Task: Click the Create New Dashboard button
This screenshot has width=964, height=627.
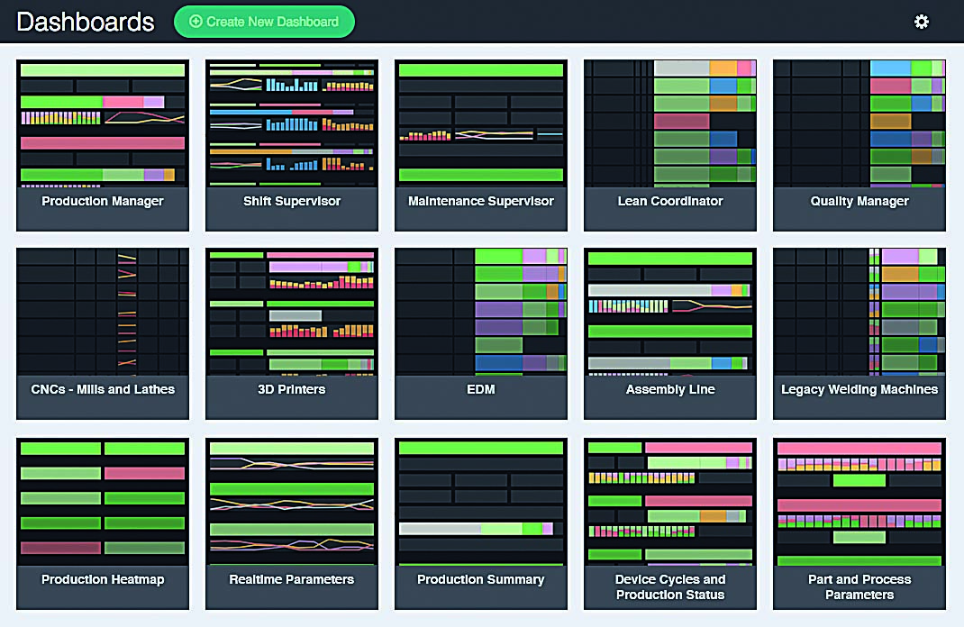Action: pyautogui.click(x=264, y=22)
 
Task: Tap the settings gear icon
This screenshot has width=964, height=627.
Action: pyautogui.click(x=921, y=22)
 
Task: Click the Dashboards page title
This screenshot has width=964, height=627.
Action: pyautogui.click(x=85, y=23)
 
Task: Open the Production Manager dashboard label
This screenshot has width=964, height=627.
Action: pyautogui.click(x=103, y=201)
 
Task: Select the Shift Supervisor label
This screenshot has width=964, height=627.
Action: pyautogui.click(x=291, y=201)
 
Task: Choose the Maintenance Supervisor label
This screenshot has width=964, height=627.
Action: pyautogui.click(x=481, y=201)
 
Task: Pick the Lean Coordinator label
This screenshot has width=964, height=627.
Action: pyautogui.click(x=670, y=201)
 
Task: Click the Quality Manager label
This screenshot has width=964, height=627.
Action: pyautogui.click(x=859, y=201)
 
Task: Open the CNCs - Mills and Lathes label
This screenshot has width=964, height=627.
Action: pyautogui.click(x=103, y=389)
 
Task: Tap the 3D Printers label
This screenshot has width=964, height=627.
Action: pyautogui.click(x=291, y=389)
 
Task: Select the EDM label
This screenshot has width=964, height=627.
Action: pyautogui.click(x=481, y=389)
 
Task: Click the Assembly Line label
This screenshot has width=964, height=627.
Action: pyautogui.click(x=670, y=389)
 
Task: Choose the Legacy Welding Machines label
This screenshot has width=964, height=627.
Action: pyautogui.click(x=859, y=389)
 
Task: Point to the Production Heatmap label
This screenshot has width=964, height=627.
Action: pyautogui.click(x=103, y=579)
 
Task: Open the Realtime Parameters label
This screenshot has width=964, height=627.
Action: pyautogui.click(x=291, y=579)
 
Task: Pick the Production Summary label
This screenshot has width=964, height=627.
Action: pyautogui.click(x=481, y=579)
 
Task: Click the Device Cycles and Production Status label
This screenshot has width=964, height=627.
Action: pyautogui.click(x=670, y=587)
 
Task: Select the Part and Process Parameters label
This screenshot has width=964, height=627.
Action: pyautogui.click(x=859, y=587)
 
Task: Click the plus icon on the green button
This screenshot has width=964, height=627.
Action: pyautogui.click(x=196, y=22)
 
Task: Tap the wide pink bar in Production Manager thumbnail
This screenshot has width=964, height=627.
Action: pyautogui.click(x=103, y=143)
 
